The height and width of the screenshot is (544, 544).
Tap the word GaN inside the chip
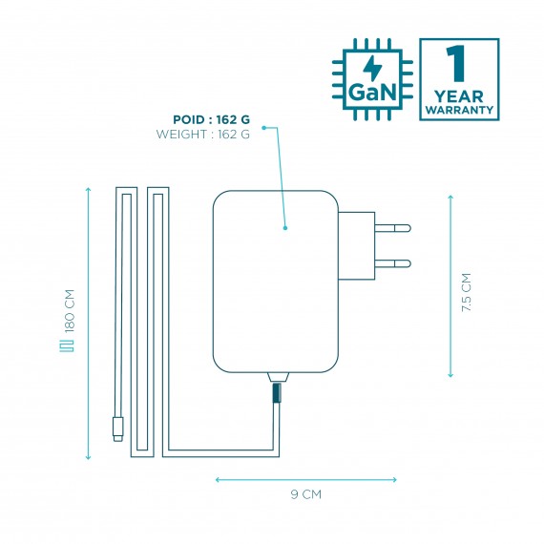[371, 93]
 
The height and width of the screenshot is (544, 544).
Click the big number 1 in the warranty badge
[456, 64]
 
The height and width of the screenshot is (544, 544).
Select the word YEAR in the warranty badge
[459, 96]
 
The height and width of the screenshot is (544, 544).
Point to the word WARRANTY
[459, 110]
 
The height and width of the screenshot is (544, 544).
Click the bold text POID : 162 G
[211, 119]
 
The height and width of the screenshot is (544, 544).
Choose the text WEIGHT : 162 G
[203, 134]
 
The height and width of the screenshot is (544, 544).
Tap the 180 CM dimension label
[70, 311]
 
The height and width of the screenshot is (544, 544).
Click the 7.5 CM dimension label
[467, 292]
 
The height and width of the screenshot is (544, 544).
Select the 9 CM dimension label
[306, 494]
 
